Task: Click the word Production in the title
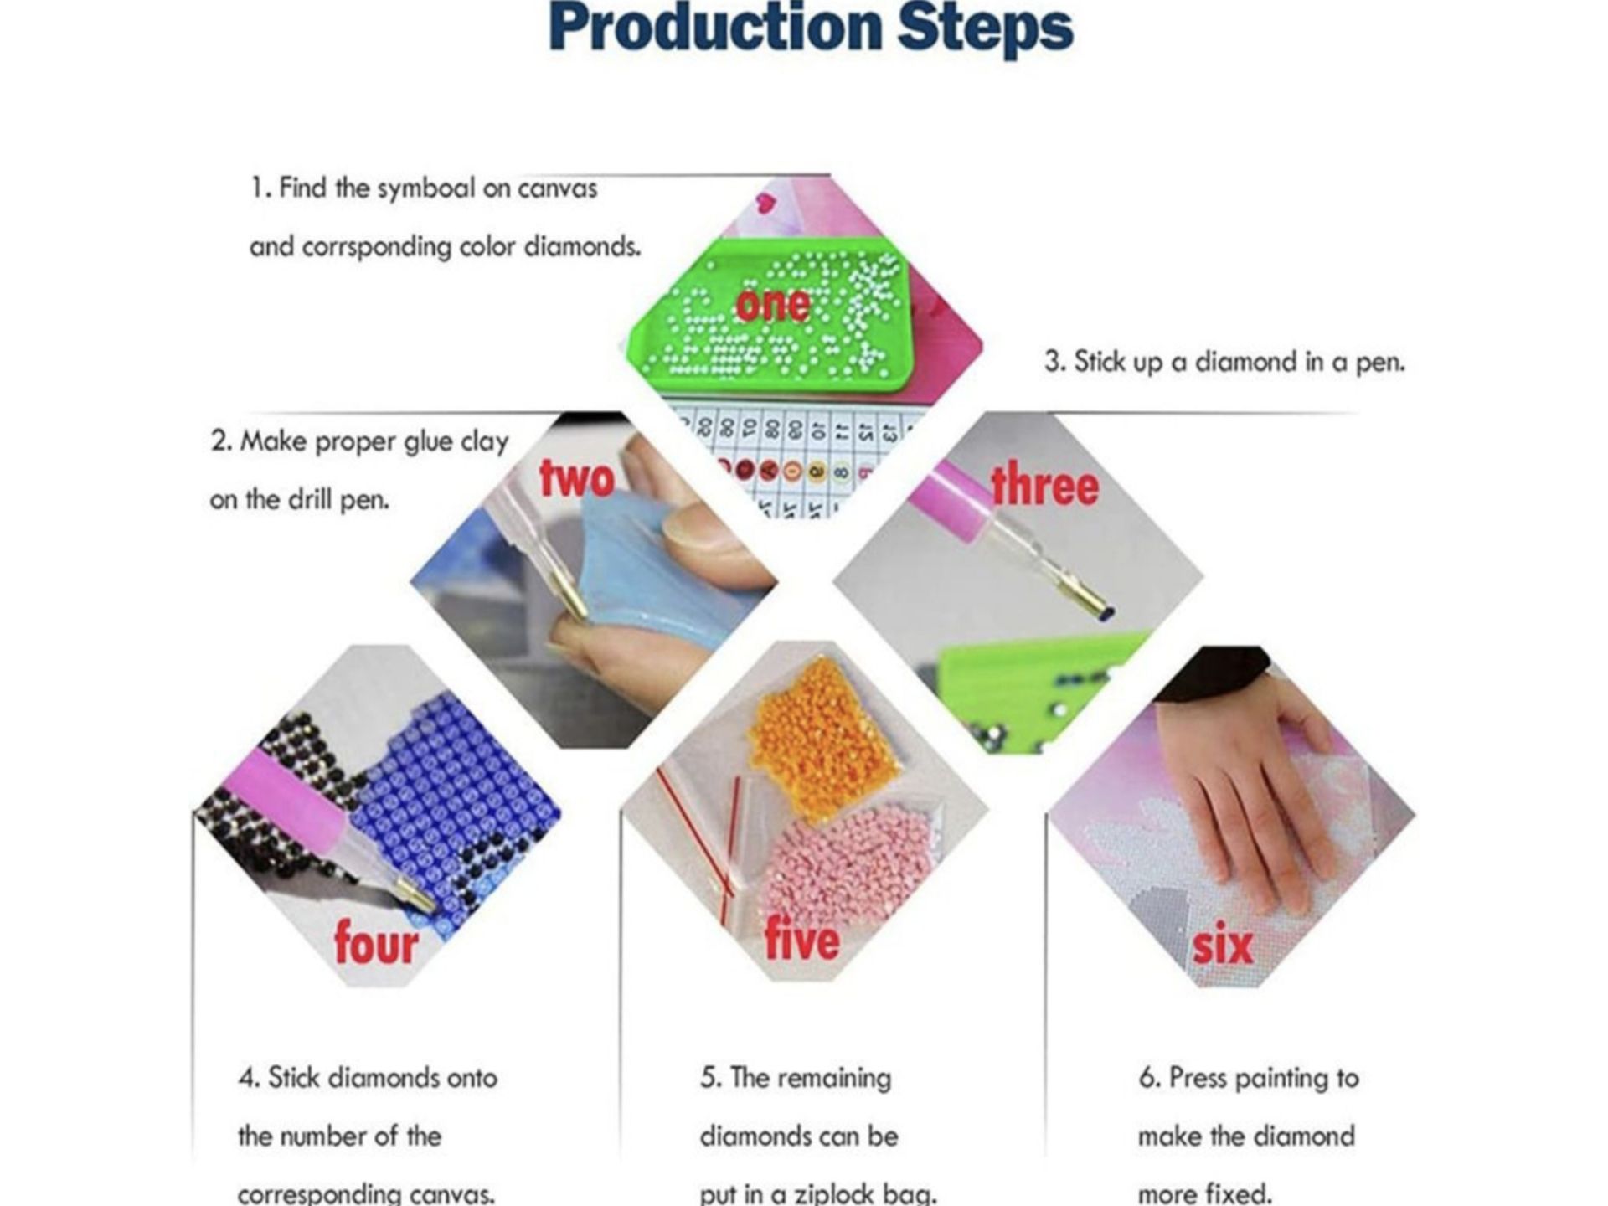(717, 27)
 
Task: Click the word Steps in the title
(985, 29)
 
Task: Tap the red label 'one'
(772, 304)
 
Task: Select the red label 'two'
(577, 478)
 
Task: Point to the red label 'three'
(1044, 486)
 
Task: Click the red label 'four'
(376, 943)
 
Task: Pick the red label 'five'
(801, 939)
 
